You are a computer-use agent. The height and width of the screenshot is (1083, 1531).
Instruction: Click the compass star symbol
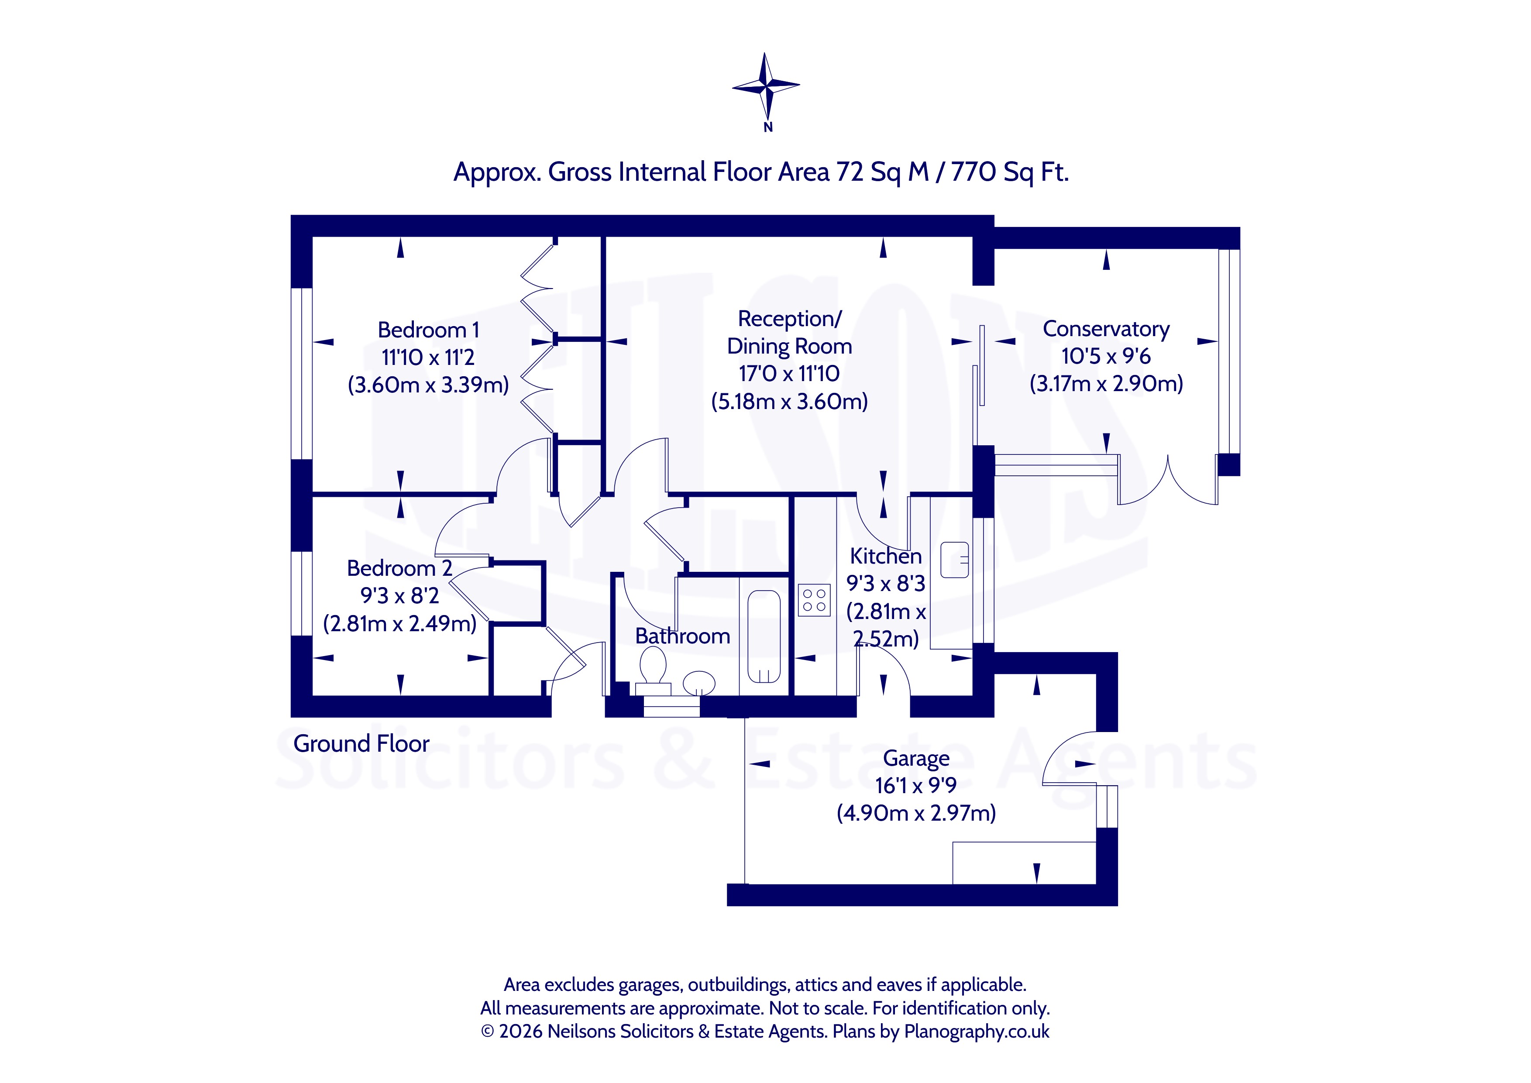coord(766,86)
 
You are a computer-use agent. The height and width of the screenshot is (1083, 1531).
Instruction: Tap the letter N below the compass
coord(768,127)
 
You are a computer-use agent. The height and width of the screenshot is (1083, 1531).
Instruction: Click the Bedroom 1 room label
coord(428,330)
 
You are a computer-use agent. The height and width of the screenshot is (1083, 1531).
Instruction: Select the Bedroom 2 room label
coord(399,568)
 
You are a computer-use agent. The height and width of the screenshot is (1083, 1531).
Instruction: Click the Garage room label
coord(916,759)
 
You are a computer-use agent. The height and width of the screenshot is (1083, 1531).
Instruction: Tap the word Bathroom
coord(683,636)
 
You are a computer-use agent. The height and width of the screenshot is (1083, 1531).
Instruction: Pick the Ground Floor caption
coord(361,743)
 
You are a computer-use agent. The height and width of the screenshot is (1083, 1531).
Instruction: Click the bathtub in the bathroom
coord(764,637)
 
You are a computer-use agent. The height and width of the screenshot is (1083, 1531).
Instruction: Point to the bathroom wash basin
coord(699,683)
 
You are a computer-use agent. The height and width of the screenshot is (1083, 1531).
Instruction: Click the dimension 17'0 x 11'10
coord(789,374)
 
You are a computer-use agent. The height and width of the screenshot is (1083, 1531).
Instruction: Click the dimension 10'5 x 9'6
coord(1106,357)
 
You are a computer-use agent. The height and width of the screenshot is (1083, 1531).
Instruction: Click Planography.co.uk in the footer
coord(977,1031)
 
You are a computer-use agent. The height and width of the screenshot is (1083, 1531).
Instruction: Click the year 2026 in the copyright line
coord(521,1031)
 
